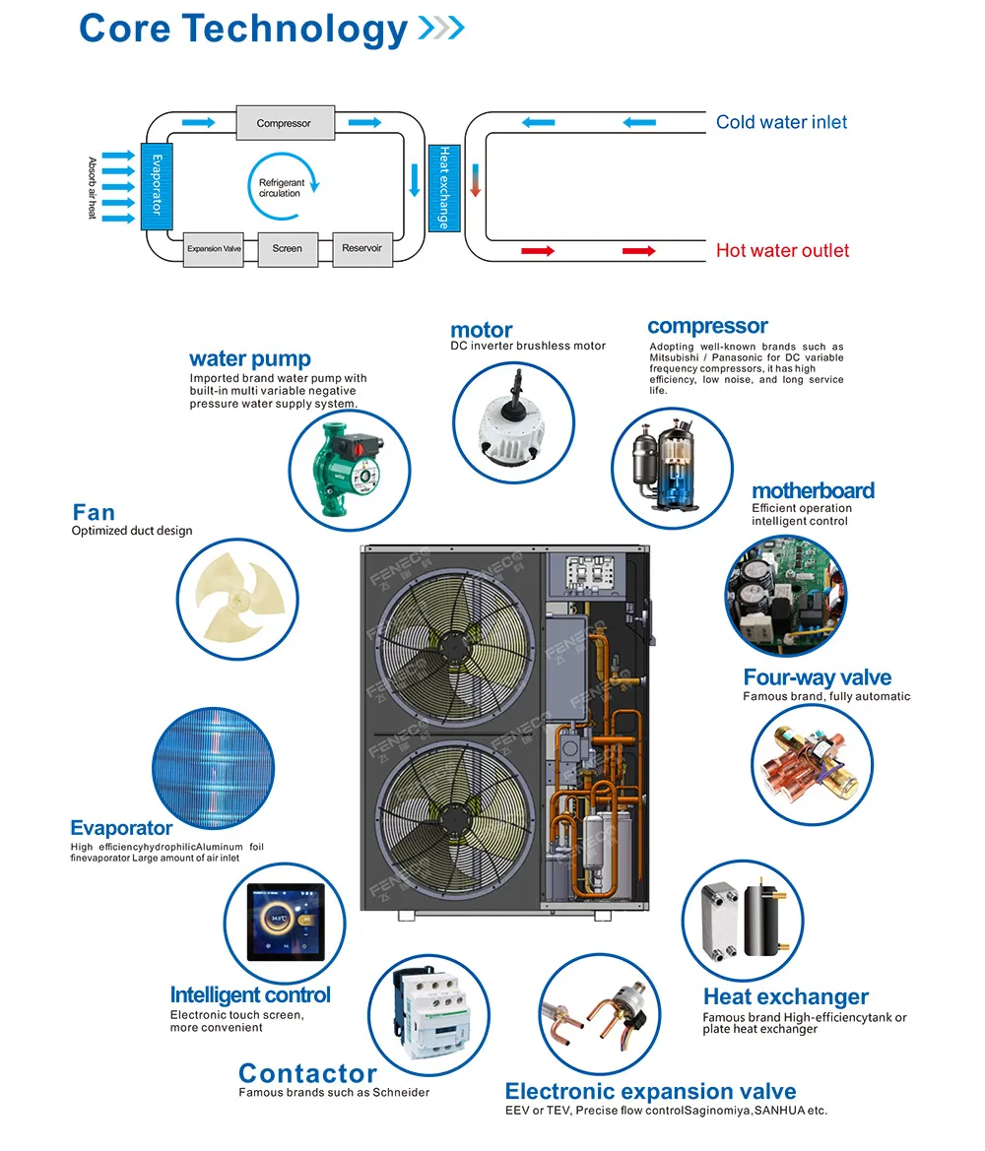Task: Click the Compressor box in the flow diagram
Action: (x=283, y=123)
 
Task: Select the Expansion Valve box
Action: (x=214, y=249)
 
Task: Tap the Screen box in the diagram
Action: (x=288, y=249)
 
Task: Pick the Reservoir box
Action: (x=361, y=248)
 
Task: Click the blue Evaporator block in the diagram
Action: (x=156, y=186)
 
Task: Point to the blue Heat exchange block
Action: (x=442, y=187)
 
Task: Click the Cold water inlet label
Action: (x=781, y=122)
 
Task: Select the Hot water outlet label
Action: (x=782, y=251)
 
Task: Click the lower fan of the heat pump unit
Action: (x=454, y=817)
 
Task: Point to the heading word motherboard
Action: (x=813, y=490)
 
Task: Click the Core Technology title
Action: (x=243, y=29)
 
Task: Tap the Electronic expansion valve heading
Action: (x=650, y=1091)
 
